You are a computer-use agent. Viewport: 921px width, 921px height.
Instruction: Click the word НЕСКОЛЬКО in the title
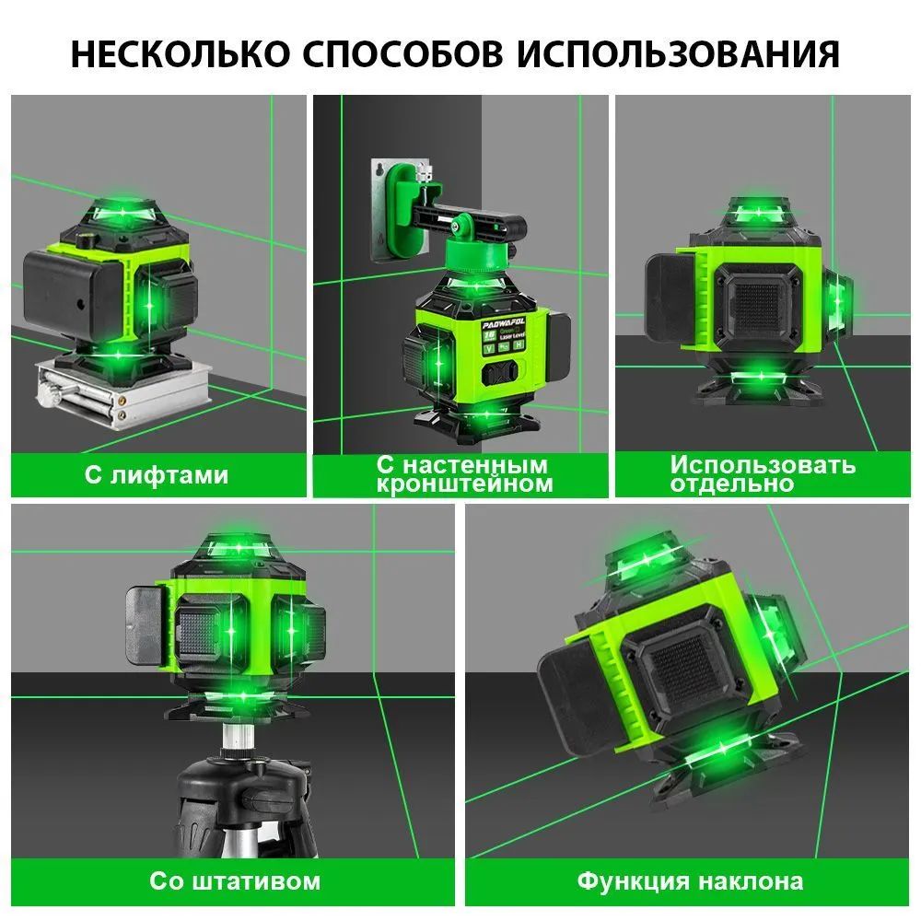click(x=181, y=54)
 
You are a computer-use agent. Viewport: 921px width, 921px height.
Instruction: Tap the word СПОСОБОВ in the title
click(x=403, y=54)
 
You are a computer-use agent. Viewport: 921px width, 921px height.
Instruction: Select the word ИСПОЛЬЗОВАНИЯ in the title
click(x=679, y=54)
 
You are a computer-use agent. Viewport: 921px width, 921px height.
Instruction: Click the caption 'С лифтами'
click(x=157, y=474)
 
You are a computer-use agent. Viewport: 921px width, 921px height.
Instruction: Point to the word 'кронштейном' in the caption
click(x=464, y=484)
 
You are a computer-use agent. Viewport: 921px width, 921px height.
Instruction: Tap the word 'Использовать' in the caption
click(x=763, y=464)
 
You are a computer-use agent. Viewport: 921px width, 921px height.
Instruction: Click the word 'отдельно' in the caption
click(x=732, y=484)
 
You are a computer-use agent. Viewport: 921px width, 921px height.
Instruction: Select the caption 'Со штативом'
click(x=235, y=881)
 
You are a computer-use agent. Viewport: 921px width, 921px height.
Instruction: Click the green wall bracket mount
click(x=407, y=211)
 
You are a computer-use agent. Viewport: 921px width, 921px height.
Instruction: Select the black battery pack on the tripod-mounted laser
click(x=146, y=626)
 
